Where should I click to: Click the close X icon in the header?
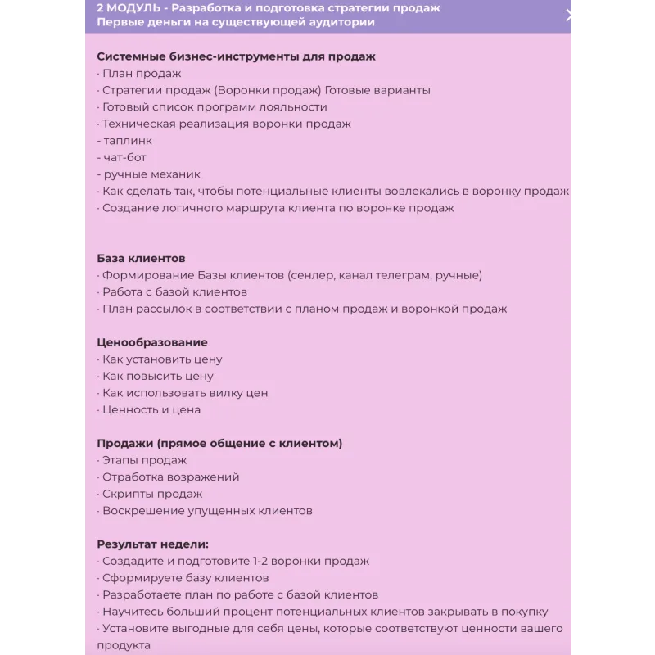click(x=571, y=15)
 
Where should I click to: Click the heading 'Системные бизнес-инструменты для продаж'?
click(x=236, y=56)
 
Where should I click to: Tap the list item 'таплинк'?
click(x=124, y=141)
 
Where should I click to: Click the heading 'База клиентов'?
click(x=141, y=258)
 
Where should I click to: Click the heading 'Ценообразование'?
click(x=152, y=342)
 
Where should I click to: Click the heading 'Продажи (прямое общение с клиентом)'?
click(x=219, y=443)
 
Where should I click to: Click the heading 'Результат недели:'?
click(x=153, y=544)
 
